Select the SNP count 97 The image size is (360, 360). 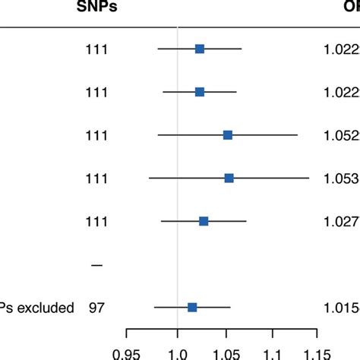(x=96, y=308)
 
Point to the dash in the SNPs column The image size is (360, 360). (x=96, y=265)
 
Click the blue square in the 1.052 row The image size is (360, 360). (x=228, y=134)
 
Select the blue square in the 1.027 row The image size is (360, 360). (x=204, y=221)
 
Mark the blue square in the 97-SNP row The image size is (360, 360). (x=192, y=307)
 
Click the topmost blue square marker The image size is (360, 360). (x=200, y=49)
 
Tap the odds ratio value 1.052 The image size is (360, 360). (x=338, y=135)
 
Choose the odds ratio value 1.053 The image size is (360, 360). (x=338, y=178)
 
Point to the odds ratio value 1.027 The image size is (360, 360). (x=338, y=222)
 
